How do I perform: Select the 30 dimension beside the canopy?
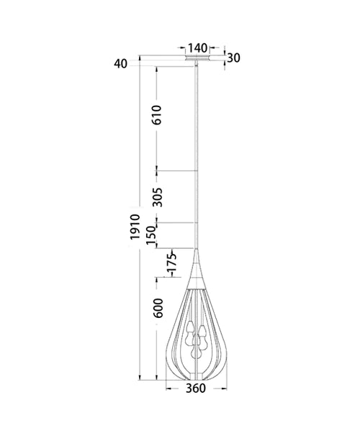click(233, 58)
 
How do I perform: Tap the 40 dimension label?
click(120, 63)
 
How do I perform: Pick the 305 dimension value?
click(158, 196)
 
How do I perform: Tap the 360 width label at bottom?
click(197, 409)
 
